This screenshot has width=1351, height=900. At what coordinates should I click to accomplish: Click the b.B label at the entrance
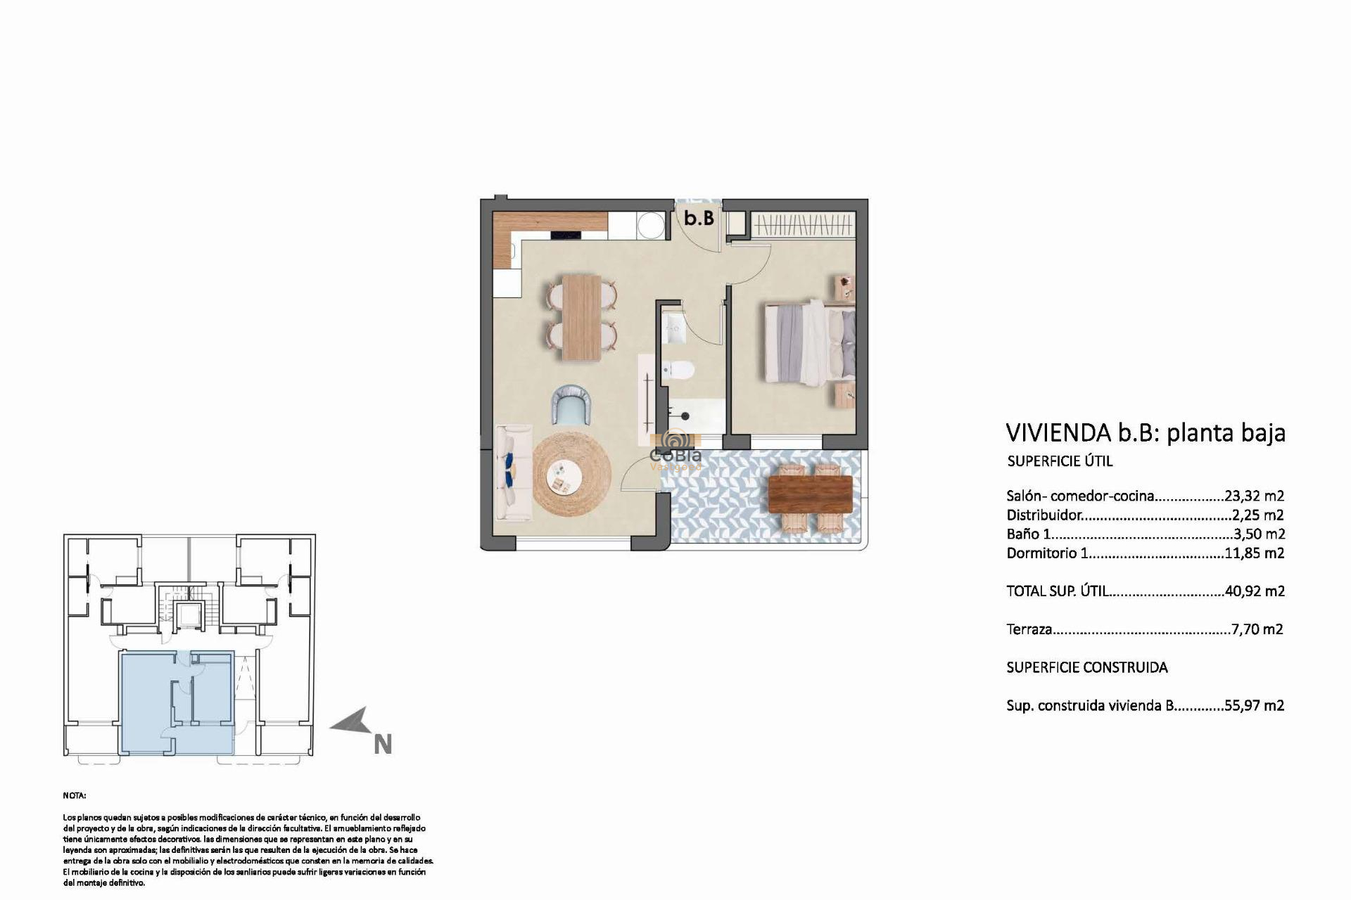699,219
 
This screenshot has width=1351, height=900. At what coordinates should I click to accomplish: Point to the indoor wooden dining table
582,317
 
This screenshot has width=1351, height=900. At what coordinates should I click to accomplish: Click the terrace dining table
810,494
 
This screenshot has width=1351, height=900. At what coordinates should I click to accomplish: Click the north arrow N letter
382,745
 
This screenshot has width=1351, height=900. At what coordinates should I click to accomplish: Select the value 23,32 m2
1255,496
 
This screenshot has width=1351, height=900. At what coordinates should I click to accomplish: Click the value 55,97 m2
1255,706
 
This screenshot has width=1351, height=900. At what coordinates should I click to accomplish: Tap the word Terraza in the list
1029,630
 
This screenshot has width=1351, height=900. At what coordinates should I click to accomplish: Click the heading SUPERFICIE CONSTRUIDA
1086,668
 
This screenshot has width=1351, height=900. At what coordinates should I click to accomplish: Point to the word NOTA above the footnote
74,796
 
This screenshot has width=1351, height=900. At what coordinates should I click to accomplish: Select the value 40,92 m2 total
1255,592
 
